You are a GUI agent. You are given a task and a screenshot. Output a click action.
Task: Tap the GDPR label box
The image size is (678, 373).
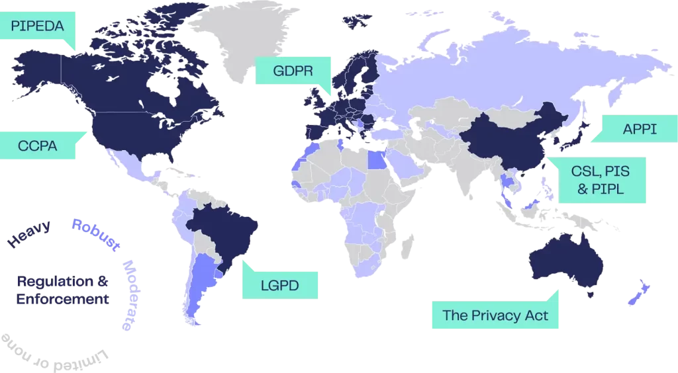pyautogui.click(x=293, y=71)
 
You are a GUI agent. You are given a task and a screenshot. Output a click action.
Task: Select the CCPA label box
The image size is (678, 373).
pyautogui.click(x=38, y=145)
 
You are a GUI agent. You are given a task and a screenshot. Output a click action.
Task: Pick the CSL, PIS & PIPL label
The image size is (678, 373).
pyautogui.click(x=600, y=179)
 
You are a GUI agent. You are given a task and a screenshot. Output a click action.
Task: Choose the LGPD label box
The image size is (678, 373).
pyautogui.click(x=279, y=286)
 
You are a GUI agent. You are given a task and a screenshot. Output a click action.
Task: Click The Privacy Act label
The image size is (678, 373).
pyautogui.click(x=495, y=315)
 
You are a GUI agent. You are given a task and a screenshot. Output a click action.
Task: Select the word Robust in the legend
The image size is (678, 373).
pyautogui.click(x=96, y=235)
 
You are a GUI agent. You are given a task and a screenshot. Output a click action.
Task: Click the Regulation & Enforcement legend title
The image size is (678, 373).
pyautogui.click(x=63, y=290)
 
